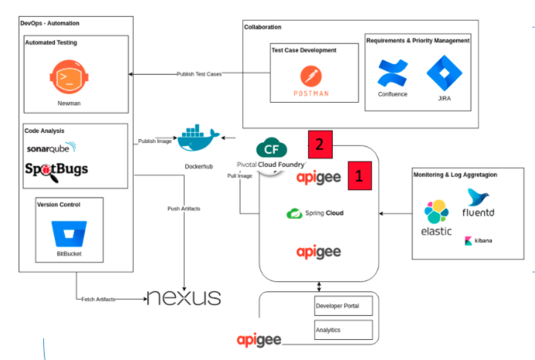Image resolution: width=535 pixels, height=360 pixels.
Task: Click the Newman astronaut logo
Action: coord(69,76)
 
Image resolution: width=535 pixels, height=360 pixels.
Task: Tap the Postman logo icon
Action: coord(311,76)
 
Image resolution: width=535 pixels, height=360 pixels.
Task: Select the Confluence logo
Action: coord(392,73)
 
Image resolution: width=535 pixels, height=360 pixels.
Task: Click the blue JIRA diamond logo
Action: coord(444,73)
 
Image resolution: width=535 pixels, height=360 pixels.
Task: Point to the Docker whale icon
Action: coord(198,138)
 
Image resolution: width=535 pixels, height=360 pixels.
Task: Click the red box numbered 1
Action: coord(360,175)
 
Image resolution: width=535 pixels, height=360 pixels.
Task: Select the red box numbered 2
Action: coord(320,144)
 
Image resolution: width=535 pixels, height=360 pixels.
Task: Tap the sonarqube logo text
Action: coord(52,148)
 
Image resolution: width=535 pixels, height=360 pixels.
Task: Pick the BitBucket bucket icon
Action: coord(69,233)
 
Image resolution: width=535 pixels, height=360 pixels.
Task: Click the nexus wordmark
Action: coord(184,297)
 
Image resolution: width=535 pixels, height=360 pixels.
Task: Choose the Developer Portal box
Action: coord(344,306)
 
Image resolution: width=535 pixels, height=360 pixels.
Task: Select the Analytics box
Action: coord(344,330)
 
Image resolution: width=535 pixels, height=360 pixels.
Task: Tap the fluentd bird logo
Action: coord(478,197)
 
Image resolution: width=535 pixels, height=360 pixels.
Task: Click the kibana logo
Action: coord(479,241)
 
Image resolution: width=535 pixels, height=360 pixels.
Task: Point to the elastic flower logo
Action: coord(436,212)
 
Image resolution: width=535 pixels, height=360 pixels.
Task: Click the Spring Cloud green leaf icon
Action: coord(294,213)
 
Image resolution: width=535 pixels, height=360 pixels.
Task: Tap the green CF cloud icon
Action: coord(272,148)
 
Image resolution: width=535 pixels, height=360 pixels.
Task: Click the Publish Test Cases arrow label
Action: coord(199,74)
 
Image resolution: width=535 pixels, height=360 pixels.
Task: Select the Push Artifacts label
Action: coord(184,209)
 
